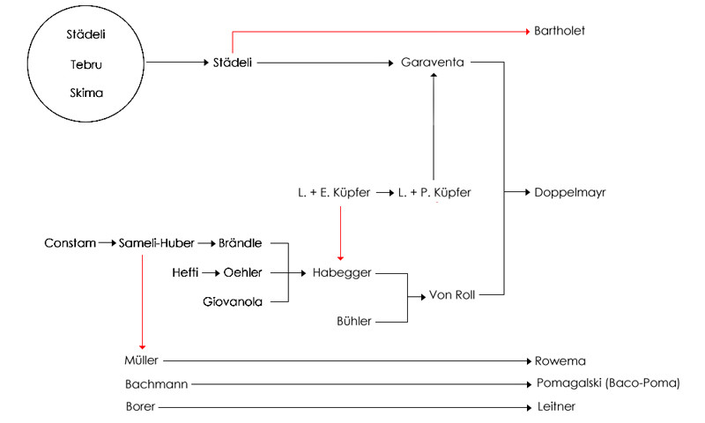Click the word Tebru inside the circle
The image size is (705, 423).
point(86,64)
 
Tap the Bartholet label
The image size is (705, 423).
point(560,31)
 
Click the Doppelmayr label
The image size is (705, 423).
point(570,192)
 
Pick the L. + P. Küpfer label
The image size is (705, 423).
point(434,192)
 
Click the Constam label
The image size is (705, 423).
point(70,241)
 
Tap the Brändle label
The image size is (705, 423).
point(241,241)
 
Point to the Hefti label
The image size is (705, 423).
point(189,273)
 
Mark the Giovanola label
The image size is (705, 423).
point(233,302)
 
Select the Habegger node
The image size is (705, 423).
point(342,273)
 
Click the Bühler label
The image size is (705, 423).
point(354,322)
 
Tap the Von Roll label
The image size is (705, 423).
point(451,295)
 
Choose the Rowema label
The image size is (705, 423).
point(560,360)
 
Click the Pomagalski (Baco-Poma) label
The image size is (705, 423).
point(608,384)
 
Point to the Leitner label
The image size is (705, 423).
point(556,407)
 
